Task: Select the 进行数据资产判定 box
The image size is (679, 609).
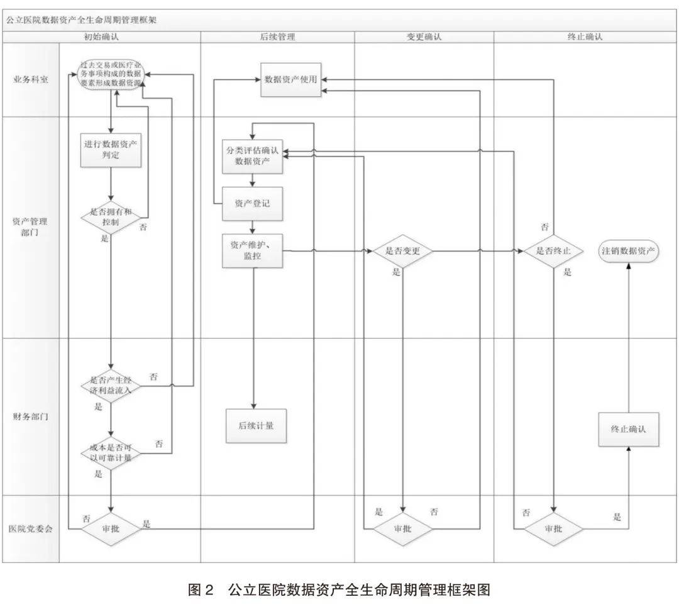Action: pos(111,149)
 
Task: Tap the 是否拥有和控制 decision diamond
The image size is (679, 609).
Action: pos(111,217)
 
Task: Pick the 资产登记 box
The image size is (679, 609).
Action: pos(252,203)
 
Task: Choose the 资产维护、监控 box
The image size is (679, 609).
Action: pos(252,250)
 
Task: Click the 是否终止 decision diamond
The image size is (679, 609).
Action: pos(553,251)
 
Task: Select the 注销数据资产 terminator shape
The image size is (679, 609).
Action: pos(628,250)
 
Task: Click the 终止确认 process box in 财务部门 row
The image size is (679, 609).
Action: pos(628,430)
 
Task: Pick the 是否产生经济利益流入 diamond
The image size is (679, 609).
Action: pos(111,385)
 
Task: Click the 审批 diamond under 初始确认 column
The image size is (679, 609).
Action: pos(111,528)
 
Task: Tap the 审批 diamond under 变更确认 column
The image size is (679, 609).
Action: pos(402,528)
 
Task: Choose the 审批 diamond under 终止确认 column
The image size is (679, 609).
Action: pos(553,528)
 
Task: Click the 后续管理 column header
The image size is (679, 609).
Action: pos(277,37)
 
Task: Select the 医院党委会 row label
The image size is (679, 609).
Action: pos(30,528)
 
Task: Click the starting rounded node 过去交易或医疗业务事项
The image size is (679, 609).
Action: pos(111,74)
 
